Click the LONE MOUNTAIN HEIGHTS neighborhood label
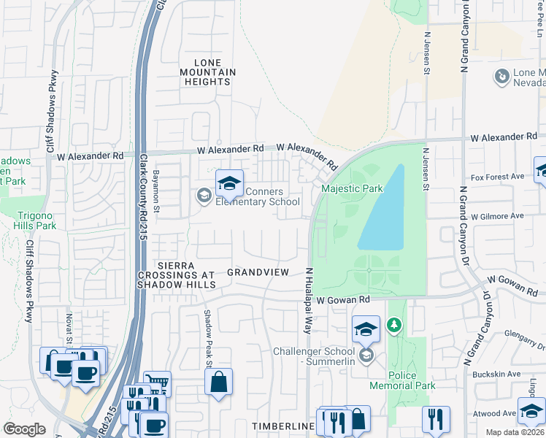[x=215, y=72]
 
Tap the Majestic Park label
[x=352, y=189]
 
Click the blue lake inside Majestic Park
[x=384, y=212]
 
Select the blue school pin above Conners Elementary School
[x=229, y=184]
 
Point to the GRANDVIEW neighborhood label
[x=258, y=272]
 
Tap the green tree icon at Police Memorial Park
[x=394, y=323]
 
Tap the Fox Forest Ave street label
[x=498, y=177]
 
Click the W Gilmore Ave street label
[x=497, y=216]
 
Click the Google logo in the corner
[x=24, y=429]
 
